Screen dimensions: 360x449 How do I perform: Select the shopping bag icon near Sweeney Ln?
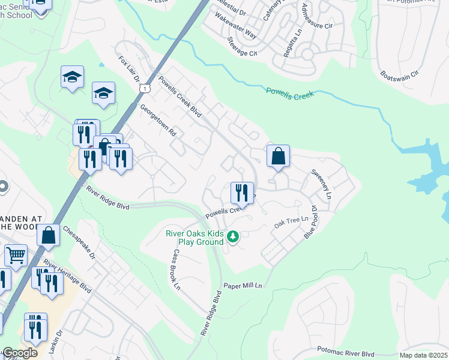pyautogui.click(x=278, y=157)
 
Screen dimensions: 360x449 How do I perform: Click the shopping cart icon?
pyautogui.click(x=16, y=256)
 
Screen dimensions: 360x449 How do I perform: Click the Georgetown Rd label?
pyautogui.click(x=157, y=121)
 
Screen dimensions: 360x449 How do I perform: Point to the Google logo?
pyautogui.click(x=19, y=353)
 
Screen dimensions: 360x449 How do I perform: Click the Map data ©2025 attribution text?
pyautogui.click(x=423, y=355)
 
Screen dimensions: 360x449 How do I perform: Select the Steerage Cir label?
pyautogui.click(x=242, y=46)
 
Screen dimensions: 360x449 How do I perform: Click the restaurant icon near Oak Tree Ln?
pyautogui.click(x=242, y=193)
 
